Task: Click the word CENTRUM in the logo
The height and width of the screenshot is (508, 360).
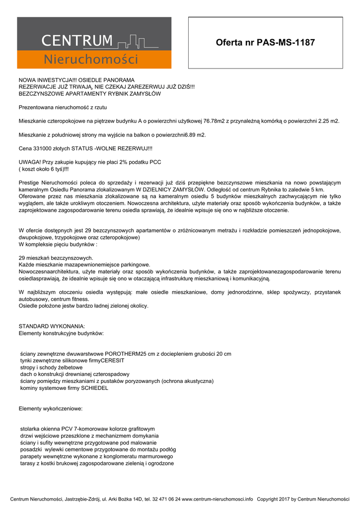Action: (x=77, y=41)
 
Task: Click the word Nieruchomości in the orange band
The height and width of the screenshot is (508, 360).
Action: (x=91, y=60)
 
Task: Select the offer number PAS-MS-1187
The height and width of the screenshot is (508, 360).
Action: (x=286, y=43)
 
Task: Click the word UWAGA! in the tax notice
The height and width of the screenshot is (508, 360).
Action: (x=29, y=162)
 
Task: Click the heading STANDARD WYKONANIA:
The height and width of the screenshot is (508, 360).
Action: (x=52, y=326)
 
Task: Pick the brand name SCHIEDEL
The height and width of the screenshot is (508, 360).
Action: (x=94, y=388)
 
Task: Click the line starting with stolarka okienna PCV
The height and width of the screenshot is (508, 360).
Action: (x=87, y=429)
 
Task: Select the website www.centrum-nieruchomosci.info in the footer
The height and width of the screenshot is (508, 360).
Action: (x=217, y=499)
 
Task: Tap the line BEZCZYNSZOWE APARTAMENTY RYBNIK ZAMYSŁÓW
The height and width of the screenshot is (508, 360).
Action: (x=89, y=93)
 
